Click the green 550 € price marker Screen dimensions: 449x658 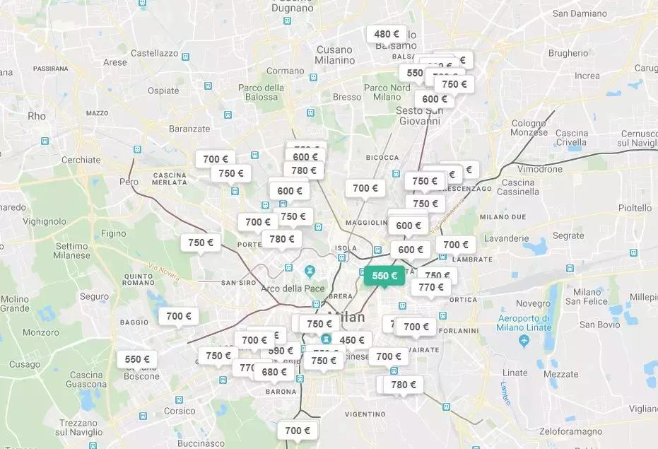(384, 276)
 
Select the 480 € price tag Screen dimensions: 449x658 (387, 34)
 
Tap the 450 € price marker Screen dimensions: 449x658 (351, 340)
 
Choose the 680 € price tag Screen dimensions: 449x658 (274, 372)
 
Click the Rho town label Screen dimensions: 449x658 (36, 116)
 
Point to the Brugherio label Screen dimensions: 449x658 (568, 53)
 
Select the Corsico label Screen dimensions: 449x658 (180, 411)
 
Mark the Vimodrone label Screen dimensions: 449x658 (540, 170)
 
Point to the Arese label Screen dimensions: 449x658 (115, 62)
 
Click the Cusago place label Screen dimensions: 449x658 (25, 364)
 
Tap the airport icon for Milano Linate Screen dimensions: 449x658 (524, 342)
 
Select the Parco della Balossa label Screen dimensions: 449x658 (261, 92)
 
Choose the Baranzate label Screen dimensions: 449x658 (189, 129)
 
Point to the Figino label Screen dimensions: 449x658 (113, 233)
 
